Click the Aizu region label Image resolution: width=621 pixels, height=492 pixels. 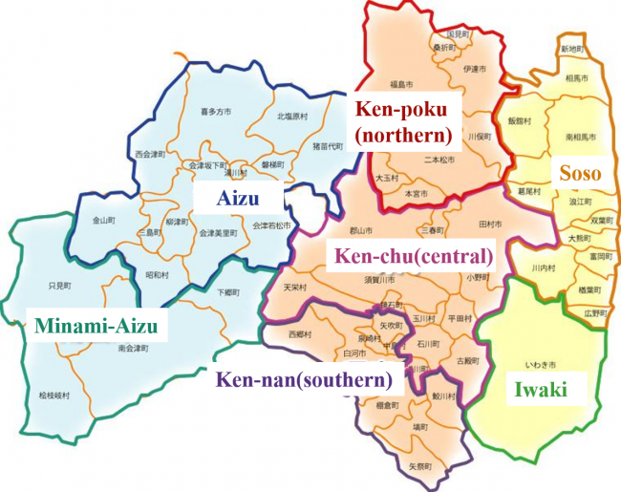(238, 199)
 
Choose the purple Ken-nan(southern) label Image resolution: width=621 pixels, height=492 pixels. (305, 379)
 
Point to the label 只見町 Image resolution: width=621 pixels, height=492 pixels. (59, 285)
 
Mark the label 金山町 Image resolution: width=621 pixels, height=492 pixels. (103, 220)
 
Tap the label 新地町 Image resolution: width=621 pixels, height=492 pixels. (572, 48)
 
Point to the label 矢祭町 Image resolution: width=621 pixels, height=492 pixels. (420, 467)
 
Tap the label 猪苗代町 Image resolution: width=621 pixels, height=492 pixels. (326, 146)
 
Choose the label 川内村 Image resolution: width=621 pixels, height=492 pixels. (543, 267)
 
